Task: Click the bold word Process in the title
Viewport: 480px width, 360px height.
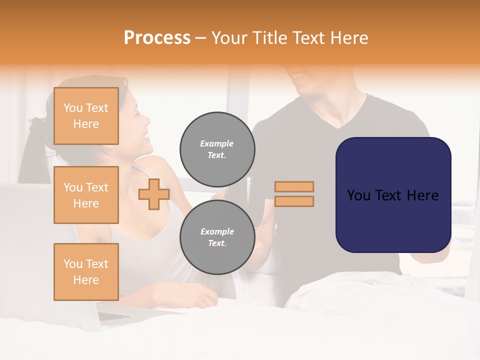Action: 157,38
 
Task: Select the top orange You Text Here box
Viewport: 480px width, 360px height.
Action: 86,116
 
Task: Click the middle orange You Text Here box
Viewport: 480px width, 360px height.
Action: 86,195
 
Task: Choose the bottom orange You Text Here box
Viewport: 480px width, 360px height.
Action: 86,271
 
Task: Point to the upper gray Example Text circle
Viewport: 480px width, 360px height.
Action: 217,149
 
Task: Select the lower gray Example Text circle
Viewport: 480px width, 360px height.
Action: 217,237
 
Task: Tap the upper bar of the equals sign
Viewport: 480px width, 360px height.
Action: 294,186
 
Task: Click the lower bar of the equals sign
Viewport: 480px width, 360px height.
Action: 294,201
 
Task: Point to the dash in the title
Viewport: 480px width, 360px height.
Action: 200,38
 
